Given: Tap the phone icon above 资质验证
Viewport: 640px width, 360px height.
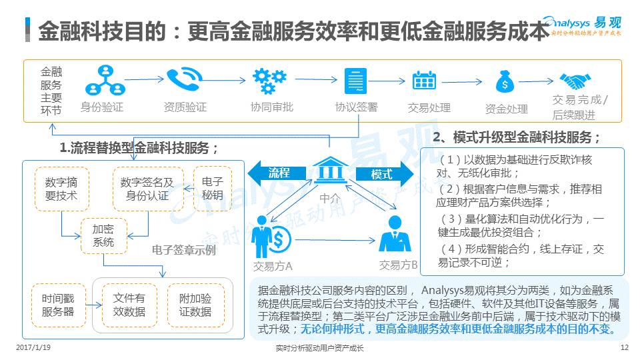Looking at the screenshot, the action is [x=184, y=81].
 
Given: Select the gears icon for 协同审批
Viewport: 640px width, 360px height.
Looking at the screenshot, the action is [x=269, y=81].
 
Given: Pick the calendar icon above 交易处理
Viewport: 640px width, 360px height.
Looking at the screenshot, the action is [x=425, y=81].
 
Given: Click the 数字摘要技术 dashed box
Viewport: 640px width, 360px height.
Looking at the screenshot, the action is [x=61, y=189].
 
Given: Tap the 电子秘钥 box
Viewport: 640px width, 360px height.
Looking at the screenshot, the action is [x=212, y=189].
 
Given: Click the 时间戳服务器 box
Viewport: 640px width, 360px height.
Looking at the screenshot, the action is [x=58, y=305].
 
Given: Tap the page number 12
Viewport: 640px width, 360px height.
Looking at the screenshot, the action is [x=624, y=348].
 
